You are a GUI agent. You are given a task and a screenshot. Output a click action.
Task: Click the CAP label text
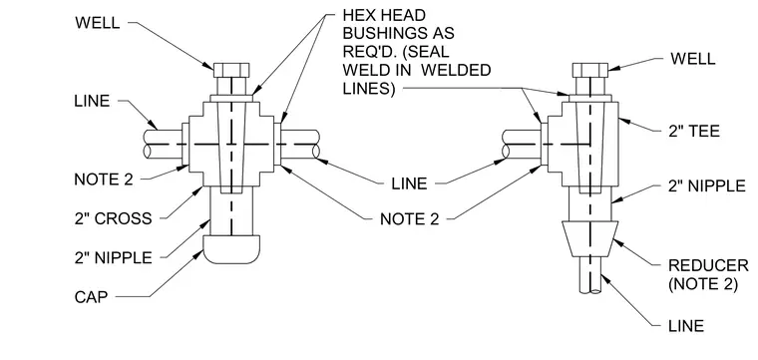point(91,297)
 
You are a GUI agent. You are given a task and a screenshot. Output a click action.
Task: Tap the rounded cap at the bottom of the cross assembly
point(231,249)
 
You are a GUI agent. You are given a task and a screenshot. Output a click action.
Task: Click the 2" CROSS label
point(113,219)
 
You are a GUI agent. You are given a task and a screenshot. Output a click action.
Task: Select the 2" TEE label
point(694,131)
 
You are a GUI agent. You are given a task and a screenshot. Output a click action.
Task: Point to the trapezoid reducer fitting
point(590,238)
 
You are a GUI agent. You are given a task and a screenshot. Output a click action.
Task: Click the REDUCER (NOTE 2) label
point(708,274)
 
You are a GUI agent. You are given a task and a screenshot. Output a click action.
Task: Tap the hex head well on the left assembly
point(231,70)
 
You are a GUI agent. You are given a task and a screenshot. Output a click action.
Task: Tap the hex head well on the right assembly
point(590,70)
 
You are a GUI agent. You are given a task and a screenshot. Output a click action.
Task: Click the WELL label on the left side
point(98,23)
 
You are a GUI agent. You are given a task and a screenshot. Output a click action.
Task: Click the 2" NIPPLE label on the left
point(113,257)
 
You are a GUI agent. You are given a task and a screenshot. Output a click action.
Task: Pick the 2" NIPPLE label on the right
point(707,186)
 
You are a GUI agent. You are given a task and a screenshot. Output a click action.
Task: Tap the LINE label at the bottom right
point(686,326)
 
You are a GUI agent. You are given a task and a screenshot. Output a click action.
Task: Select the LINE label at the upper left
point(93,101)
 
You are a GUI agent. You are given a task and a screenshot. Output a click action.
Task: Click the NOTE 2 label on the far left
point(104,180)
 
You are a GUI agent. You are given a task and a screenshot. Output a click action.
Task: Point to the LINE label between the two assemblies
point(409,183)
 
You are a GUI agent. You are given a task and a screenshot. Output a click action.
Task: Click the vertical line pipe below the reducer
point(590,275)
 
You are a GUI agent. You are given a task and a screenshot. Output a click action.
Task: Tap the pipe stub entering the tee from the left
point(521,144)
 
